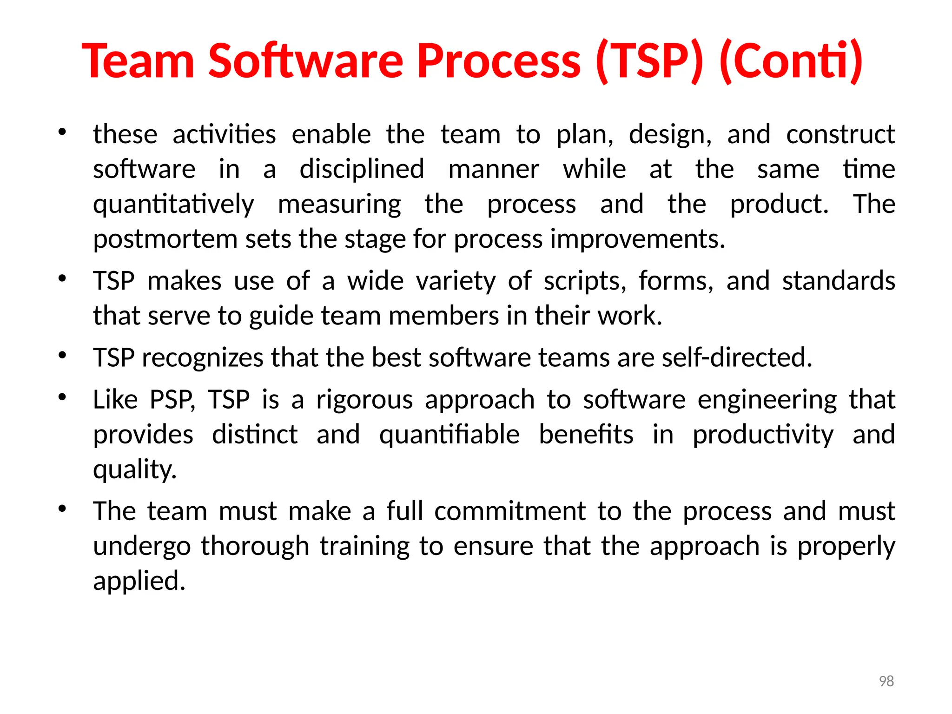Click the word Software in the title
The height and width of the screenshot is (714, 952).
pyautogui.click(x=305, y=61)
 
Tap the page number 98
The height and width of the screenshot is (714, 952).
pyautogui.click(x=886, y=681)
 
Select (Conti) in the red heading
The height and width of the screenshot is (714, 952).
pyautogui.click(x=791, y=61)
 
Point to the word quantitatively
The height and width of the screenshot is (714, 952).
pyautogui.click(x=173, y=205)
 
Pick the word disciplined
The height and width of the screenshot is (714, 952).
pyautogui.click(x=362, y=169)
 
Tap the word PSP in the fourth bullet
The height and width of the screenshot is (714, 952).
pyautogui.click(x=172, y=400)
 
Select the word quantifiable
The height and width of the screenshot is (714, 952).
pyautogui.click(x=449, y=435)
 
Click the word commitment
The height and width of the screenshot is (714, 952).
pyautogui.click(x=510, y=511)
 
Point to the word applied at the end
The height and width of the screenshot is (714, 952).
pyautogui.click(x=139, y=581)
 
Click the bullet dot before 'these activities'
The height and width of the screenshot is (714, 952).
pyautogui.click(x=62, y=132)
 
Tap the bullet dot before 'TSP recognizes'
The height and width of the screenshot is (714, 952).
pyautogui.click(x=62, y=356)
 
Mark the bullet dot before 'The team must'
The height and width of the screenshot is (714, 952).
pyautogui.click(x=62, y=509)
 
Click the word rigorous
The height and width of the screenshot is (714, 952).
pyautogui.click(x=364, y=400)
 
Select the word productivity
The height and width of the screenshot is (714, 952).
pyautogui.click(x=763, y=435)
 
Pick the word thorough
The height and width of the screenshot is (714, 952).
pyautogui.click(x=255, y=546)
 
